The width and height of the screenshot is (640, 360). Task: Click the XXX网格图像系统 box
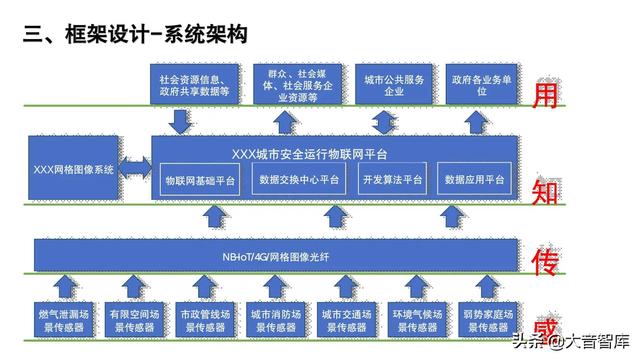tap(75, 170)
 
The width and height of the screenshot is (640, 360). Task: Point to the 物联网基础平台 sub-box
tap(200, 181)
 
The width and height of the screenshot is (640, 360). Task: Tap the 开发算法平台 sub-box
tap(392, 181)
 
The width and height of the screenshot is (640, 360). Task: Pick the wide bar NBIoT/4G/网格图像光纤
tap(277, 255)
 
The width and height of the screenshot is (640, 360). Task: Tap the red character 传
tap(546, 261)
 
